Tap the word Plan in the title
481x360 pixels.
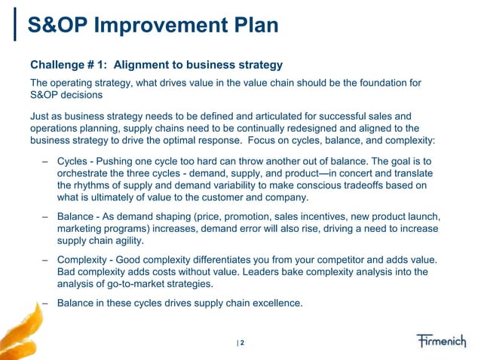pyautogui.click(x=253, y=27)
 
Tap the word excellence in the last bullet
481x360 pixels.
pyautogui.click(x=274, y=304)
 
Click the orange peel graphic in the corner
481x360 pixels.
pyautogui.click(x=17, y=331)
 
